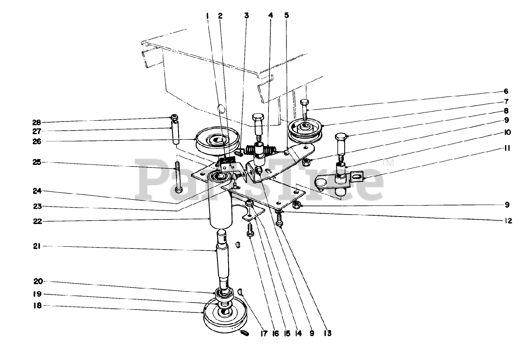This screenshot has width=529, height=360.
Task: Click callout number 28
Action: (37, 122)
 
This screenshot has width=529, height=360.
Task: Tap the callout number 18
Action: (37, 306)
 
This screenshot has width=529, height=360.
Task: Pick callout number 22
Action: (37, 221)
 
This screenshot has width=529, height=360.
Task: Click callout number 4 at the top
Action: (271, 15)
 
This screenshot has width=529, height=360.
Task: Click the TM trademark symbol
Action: (388, 163)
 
